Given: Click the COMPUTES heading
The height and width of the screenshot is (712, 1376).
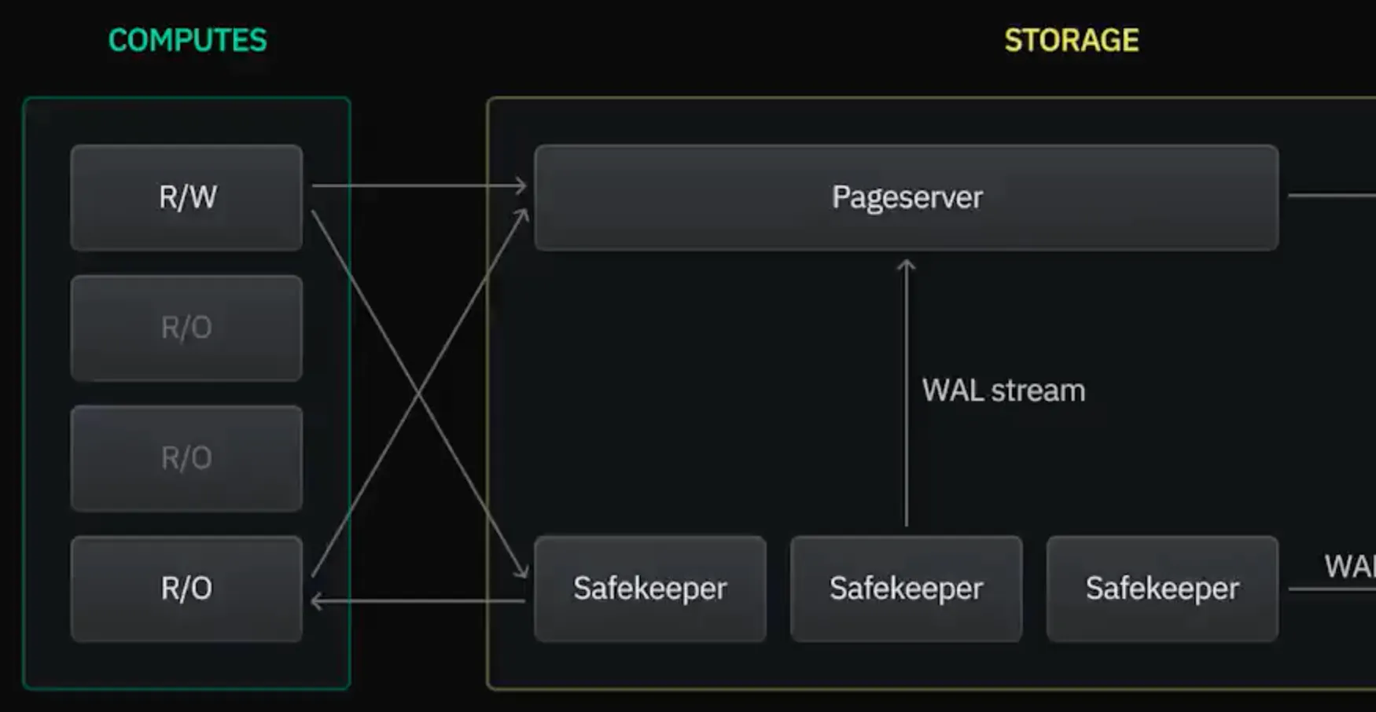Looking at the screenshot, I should coord(187,40).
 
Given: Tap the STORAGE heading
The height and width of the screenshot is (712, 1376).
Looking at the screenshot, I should coord(1071,40).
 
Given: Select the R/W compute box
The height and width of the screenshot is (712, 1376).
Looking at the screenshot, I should coord(186,197).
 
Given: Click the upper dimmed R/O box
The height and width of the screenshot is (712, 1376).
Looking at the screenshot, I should coord(186,328).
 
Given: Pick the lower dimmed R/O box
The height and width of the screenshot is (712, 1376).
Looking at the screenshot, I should coord(186,458).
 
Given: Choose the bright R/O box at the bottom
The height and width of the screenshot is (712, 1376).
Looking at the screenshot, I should coord(186,589).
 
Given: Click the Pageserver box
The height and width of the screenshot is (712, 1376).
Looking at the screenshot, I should coord(906,197).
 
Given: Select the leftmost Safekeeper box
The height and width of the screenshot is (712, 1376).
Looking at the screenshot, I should coord(649,589).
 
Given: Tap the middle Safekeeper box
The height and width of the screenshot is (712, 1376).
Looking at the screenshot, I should coord(906,589).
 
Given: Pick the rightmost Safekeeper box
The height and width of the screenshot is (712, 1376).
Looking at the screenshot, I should coord(1162,589).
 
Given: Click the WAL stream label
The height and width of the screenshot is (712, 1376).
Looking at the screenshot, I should coord(1003,391).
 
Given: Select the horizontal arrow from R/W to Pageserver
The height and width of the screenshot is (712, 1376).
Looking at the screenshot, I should coord(417,186).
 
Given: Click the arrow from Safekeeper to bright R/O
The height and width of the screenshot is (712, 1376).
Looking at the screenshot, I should coord(417,602).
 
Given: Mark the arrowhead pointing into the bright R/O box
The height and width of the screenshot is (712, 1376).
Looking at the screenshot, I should coord(316,602).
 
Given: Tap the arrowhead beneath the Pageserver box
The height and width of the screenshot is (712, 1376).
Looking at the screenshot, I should coord(907,266).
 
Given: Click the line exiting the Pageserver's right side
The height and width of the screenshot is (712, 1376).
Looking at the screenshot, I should coord(1332,195).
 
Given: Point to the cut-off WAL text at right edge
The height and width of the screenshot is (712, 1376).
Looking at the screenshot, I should coord(1349,567).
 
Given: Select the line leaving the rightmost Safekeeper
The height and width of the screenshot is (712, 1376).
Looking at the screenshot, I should coord(1332,589).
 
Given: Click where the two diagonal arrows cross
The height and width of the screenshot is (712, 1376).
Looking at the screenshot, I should coord(419,393).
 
